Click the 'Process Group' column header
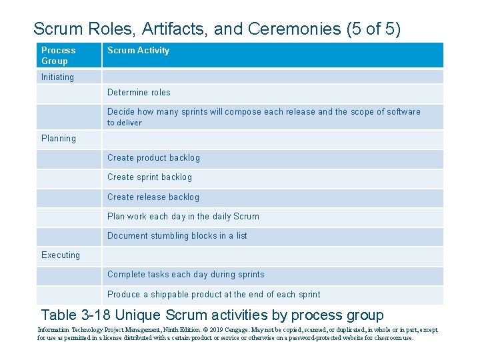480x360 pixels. click(59, 55)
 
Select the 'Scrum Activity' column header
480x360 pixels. click(139, 51)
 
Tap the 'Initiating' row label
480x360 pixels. click(58, 77)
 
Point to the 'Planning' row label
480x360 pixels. click(59, 139)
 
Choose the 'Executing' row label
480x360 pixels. click(61, 255)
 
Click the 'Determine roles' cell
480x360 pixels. click(139, 93)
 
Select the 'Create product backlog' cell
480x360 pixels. click(153, 158)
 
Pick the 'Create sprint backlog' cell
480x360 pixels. click(149, 177)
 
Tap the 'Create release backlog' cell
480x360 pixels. click(153, 197)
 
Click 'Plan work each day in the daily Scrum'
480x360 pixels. click(183, 217)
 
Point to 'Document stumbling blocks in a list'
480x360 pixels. click(177, 236)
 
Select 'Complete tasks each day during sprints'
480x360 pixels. click(186, 275)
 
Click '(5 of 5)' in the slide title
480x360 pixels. click(373, 29)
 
